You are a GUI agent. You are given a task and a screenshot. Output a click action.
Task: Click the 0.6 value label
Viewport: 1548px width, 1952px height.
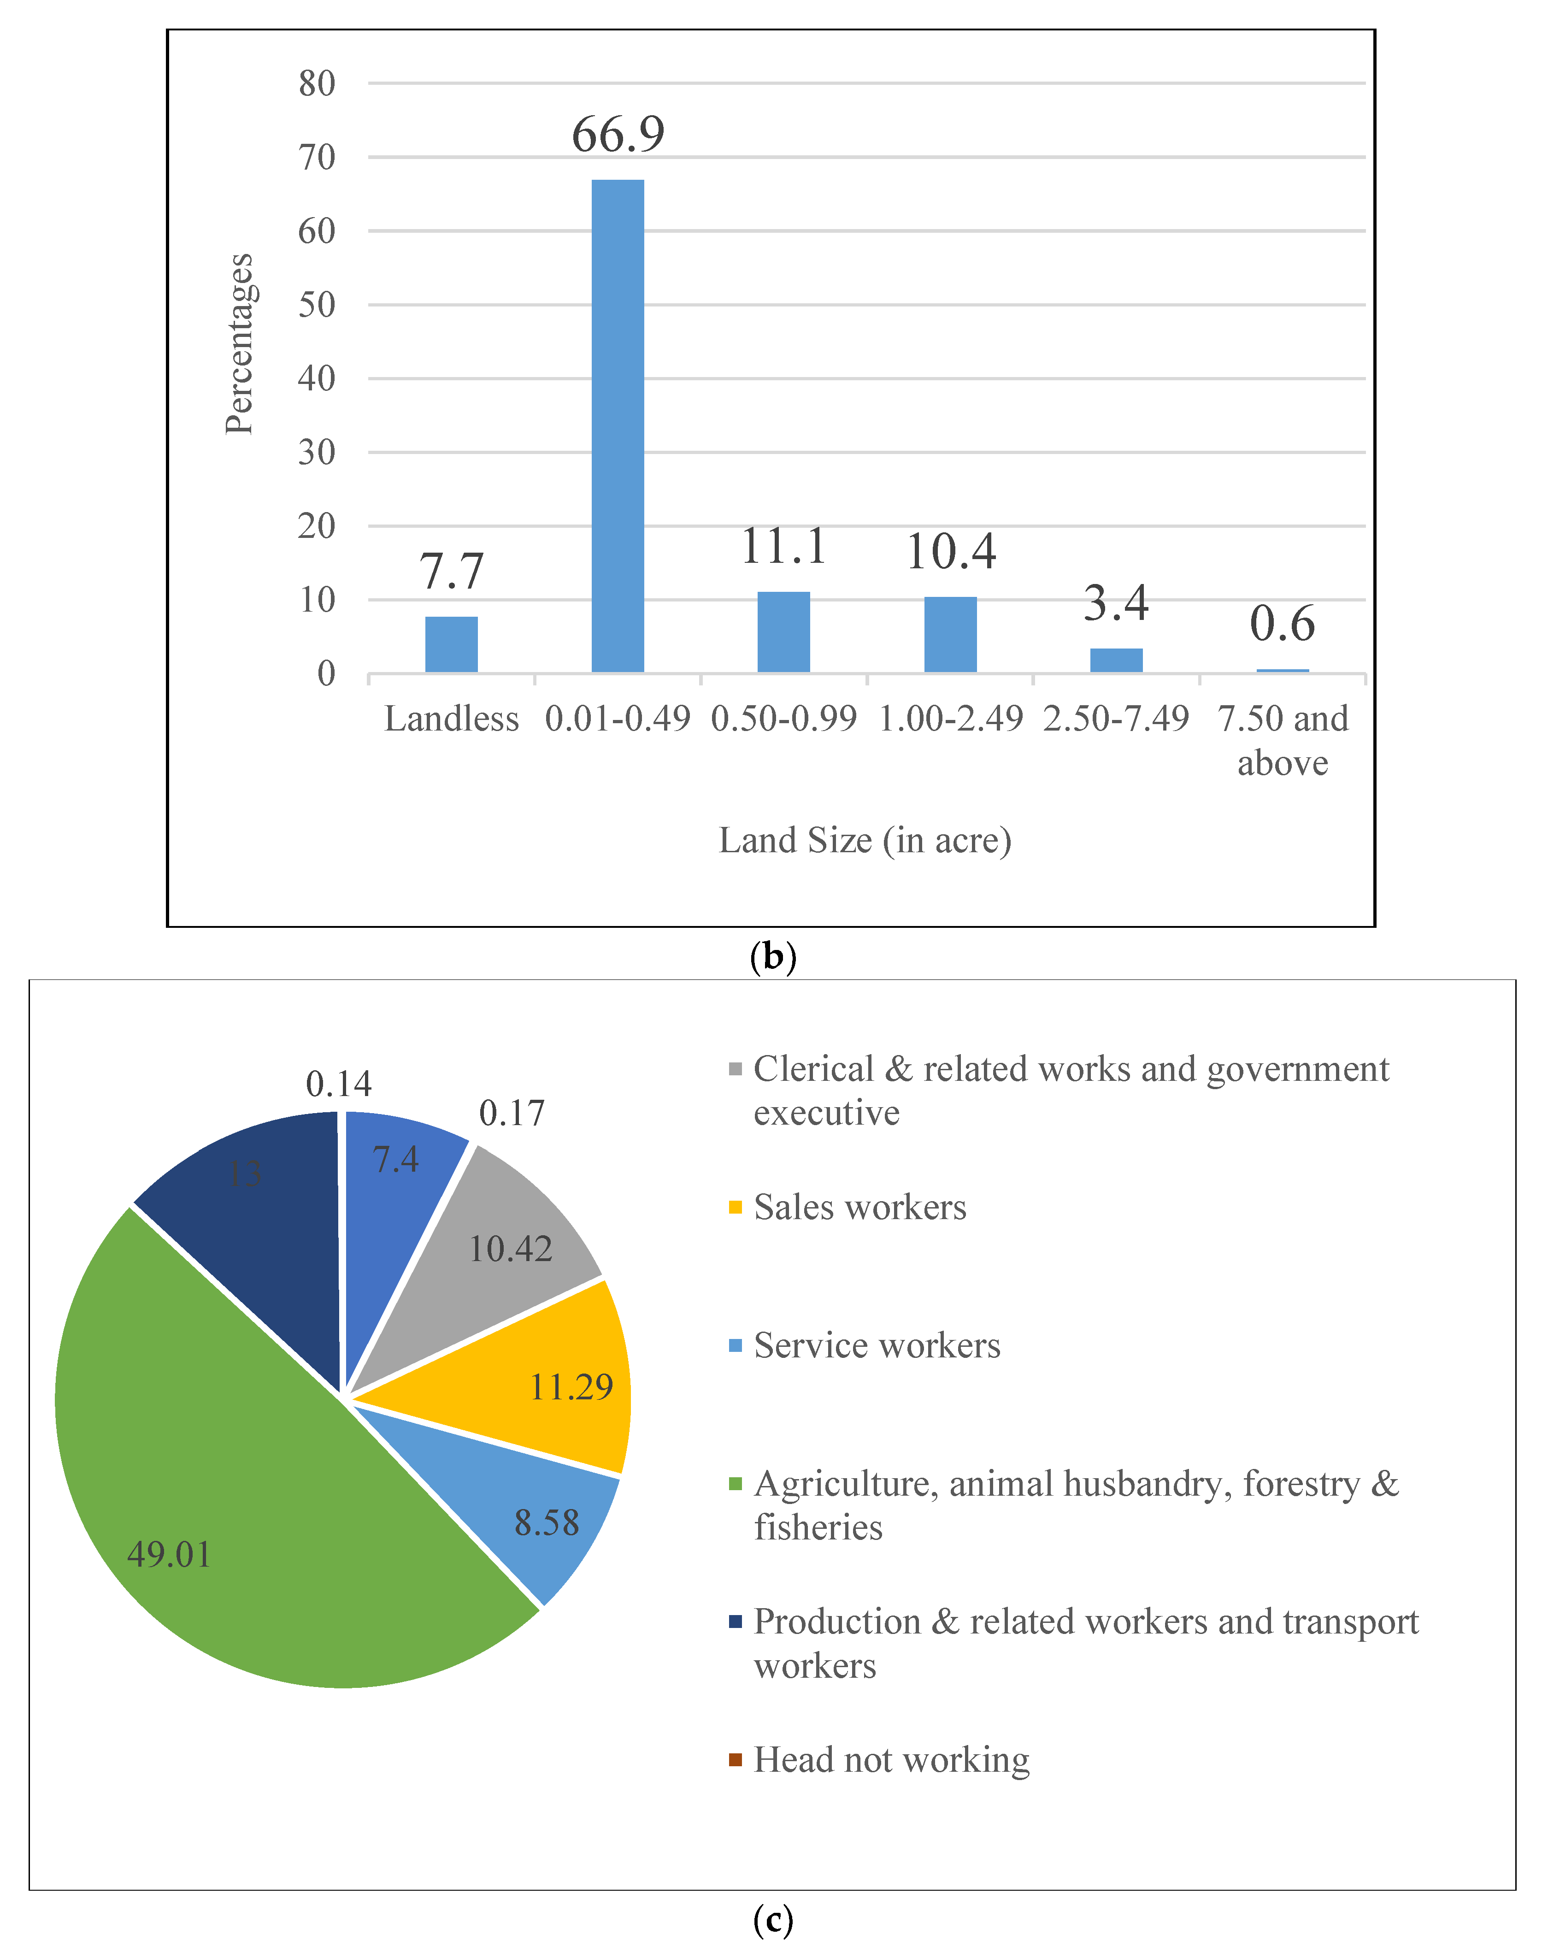(1282, 624)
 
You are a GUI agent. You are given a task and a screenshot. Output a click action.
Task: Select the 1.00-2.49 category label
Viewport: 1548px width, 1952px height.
(951, 719)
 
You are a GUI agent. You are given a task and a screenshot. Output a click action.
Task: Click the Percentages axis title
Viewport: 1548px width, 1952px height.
(239, 344)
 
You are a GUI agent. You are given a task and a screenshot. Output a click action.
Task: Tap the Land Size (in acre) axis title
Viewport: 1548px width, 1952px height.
(865, 840)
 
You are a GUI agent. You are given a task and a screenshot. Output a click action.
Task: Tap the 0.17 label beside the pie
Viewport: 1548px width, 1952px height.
(512, 1113)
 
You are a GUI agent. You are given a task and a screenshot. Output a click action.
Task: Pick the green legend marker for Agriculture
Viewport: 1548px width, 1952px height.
(735, 1484)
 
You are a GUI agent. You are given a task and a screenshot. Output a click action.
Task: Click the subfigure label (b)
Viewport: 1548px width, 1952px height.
(773, 956)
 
